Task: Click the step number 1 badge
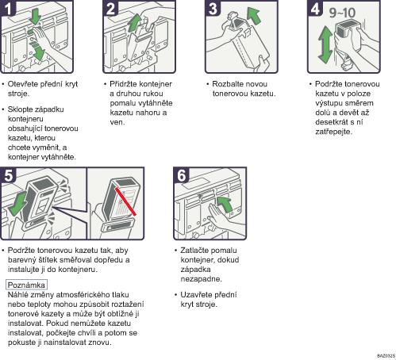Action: point(8,8)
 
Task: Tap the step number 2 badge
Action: point(110,8)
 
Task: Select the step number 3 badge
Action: point(213,8)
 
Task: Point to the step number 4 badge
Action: point(315,8)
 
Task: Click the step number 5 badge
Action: point(8,174)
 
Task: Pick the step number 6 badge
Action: point(181,174)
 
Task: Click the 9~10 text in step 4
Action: point(342,13)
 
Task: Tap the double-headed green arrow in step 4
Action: point(325,44)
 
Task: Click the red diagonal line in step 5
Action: point(125,201)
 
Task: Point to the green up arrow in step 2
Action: point(135,23)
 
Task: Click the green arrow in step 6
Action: point(225,204)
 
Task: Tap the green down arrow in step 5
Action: point(17,204)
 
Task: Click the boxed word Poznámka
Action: point(26,285)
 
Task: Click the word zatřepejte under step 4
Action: point(333,132)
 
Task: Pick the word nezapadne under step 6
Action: point(201,279)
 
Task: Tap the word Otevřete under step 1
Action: point(23,84)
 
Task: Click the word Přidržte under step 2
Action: point(123,84)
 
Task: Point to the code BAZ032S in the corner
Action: point(386,356)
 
